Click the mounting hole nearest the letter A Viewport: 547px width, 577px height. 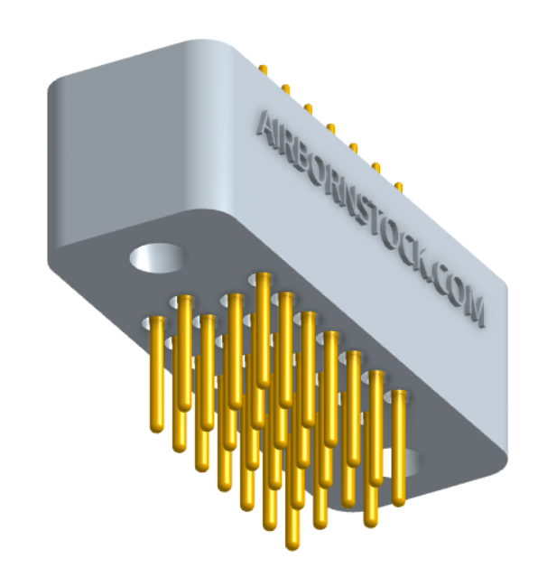[156, 257]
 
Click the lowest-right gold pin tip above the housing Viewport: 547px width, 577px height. [398, 186]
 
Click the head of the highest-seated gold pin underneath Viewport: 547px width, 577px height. [264, 276]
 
